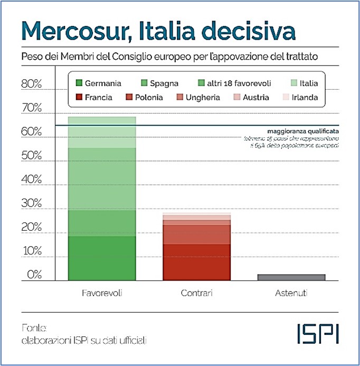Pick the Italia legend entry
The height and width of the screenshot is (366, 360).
pos(303,83)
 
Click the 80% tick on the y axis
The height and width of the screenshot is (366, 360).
pos(31,84)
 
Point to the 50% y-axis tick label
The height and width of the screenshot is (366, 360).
pos(31,155)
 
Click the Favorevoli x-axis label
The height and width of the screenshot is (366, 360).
pos(102,293)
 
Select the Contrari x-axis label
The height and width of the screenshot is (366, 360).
pos(196,293)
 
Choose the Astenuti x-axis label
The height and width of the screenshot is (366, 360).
pos(291,293)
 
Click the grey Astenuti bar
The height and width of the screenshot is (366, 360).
pos(291,277)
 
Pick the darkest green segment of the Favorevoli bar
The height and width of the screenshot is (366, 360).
pos(102,258)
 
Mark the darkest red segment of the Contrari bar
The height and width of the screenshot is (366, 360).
pos(196,262)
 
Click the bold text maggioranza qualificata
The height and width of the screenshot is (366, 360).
pos(302,130)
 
